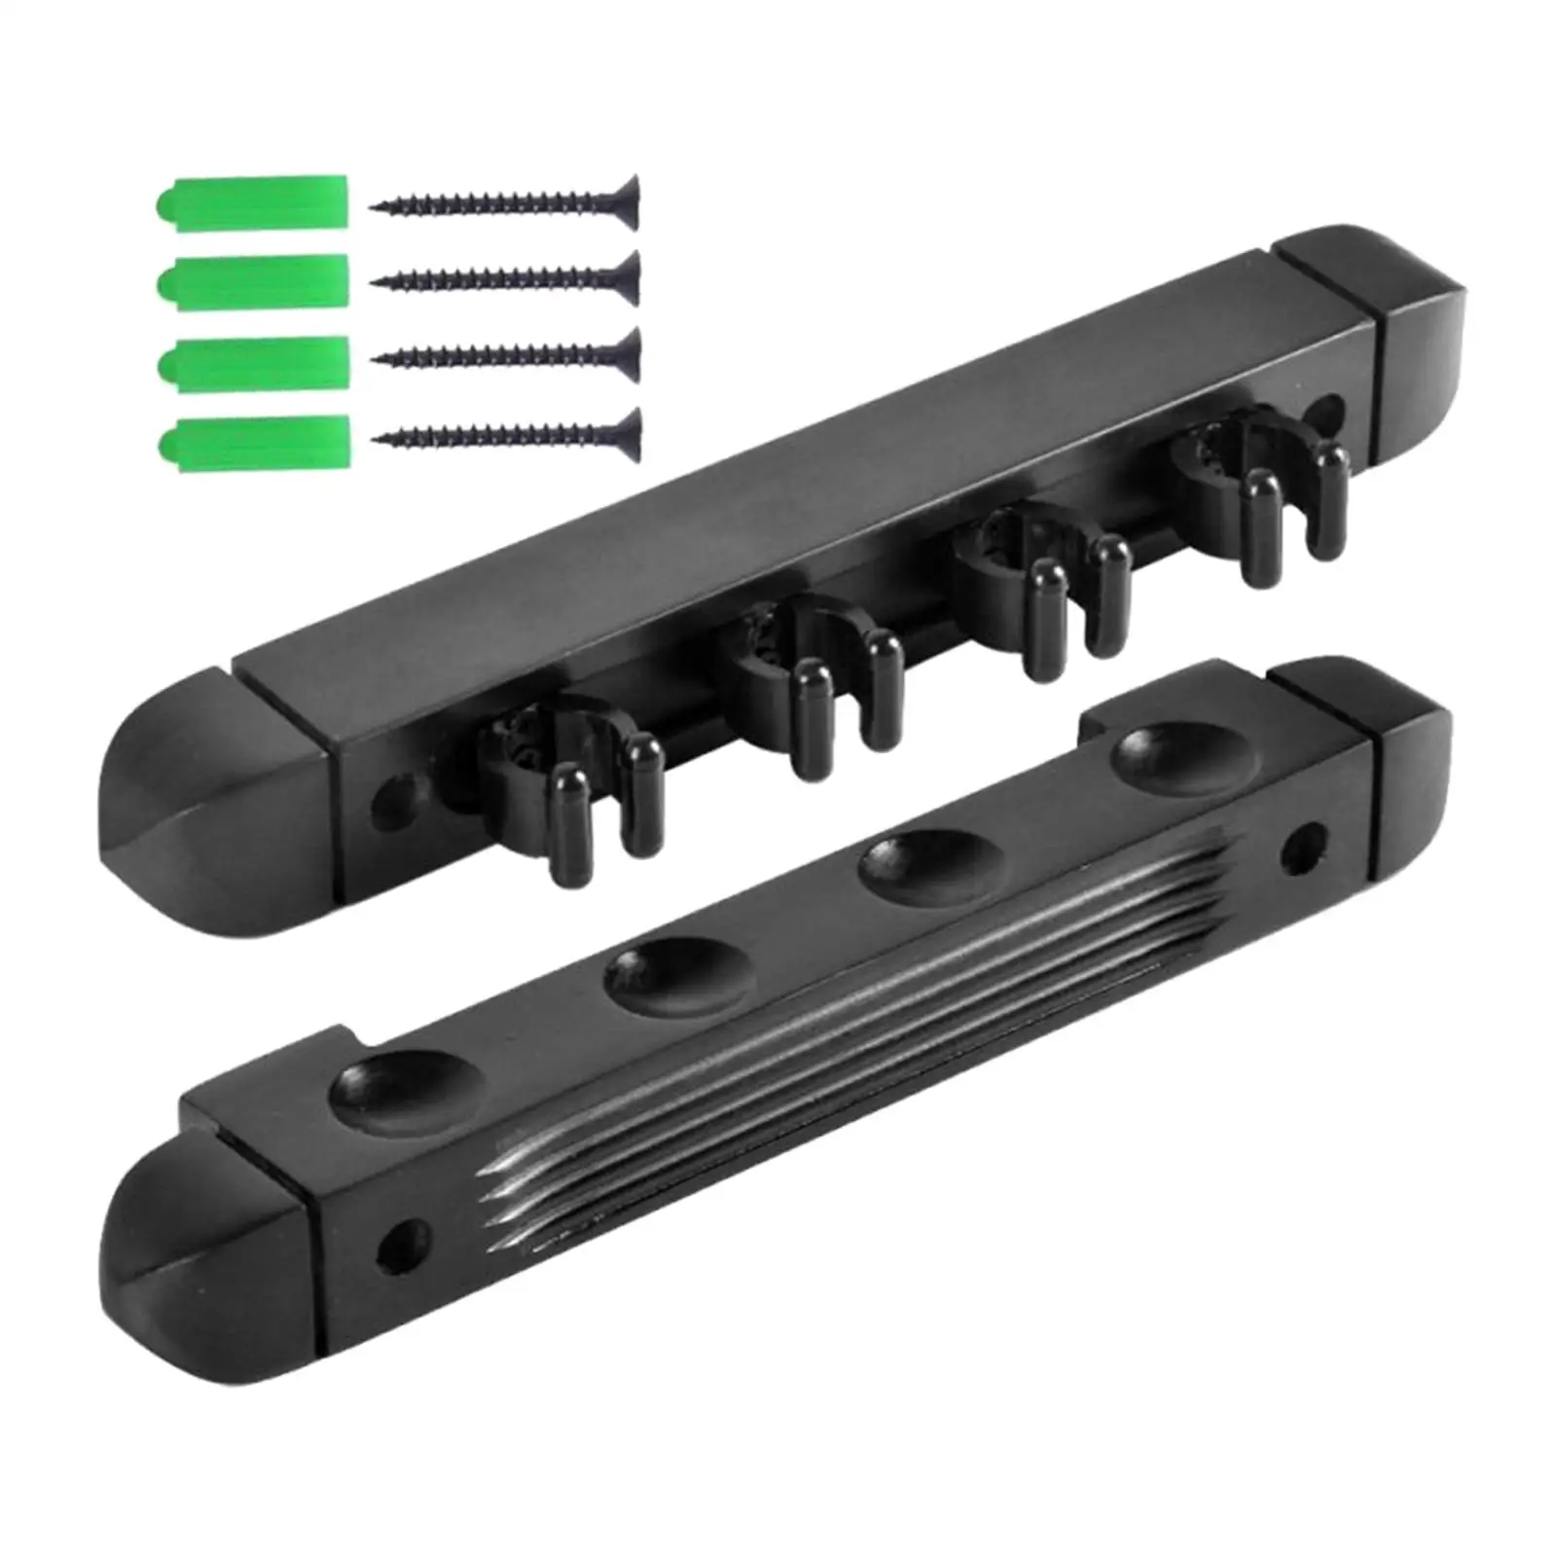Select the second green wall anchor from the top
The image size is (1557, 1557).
click(251, 281)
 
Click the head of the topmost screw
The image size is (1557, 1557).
click(627, 201)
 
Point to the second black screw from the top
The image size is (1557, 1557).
click(506, 279)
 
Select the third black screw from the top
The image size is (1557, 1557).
click(506, 356)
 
